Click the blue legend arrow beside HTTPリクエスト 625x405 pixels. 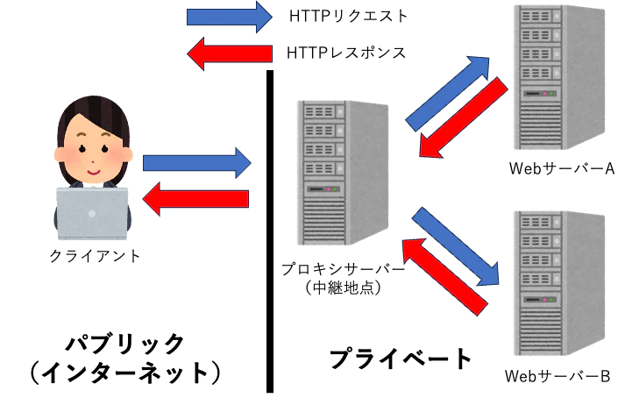click(x=229, y=17)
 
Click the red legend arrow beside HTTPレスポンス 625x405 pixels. click(x=230, y=53)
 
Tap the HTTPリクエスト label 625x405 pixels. click(x=348, y=17)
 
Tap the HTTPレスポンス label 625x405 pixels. click(x=346, y=53)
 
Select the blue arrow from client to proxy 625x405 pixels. click(x=197, y=163)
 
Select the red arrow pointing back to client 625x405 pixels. click(x=195, y=198)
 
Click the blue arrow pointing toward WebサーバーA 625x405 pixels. click(x=448, y=93)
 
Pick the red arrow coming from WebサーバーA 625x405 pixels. click(x=464, y=117)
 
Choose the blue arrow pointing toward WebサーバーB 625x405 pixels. click(x=456, y=246)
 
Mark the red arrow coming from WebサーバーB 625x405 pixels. click(x=444, y=277)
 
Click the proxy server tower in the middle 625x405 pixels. click(x=343, y=173)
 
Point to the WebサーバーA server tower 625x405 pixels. click(x=559, y=77)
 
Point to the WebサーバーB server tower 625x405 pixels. click(x=559, y=283)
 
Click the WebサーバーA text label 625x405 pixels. click(x=562, y=168)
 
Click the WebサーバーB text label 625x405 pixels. click(x=558, y=376)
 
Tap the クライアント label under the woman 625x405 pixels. click(x=95, y=255)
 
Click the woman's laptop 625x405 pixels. click(x=92, y=214)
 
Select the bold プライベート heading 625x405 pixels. click(x=401, y=358)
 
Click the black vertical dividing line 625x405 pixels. click(x=270, y=231)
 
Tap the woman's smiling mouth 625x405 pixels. click(x=94, y=173)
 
